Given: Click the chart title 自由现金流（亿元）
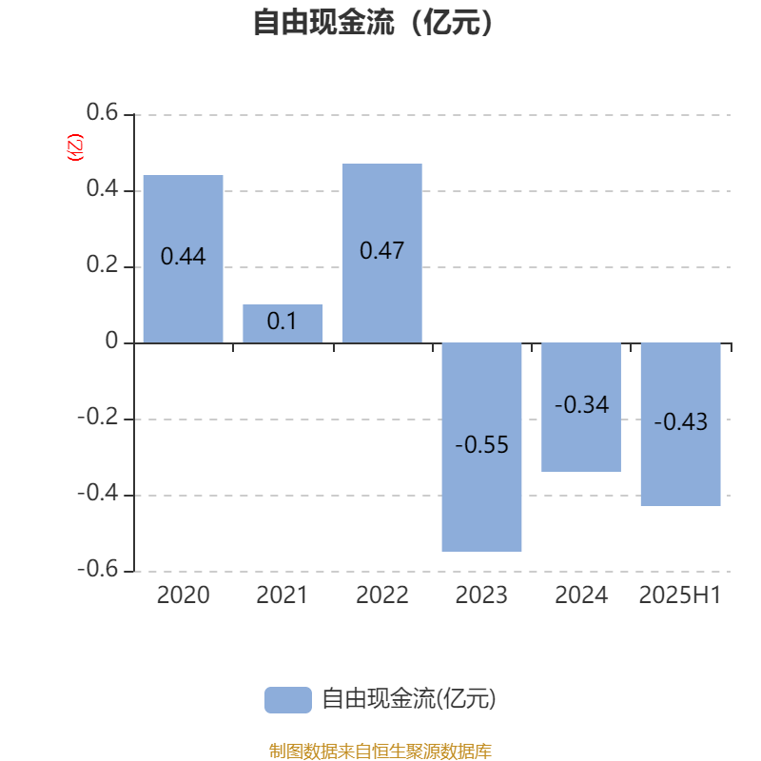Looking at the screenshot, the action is [373, 22].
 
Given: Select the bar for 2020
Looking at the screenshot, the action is [183, 259].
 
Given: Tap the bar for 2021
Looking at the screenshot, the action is [283, 323].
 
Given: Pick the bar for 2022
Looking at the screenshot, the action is [382, 253].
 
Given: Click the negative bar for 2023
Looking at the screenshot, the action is [481, 447].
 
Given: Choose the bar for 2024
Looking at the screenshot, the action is [581, 407].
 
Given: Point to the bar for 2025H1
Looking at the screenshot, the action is [680, 424].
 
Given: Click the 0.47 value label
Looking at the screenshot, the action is [382, 251].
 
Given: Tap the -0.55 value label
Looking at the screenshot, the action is [481, 444].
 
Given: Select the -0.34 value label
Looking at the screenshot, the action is [581, 405].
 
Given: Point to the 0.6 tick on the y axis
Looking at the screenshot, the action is [102, 112].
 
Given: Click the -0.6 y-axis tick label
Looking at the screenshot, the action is [98, 569].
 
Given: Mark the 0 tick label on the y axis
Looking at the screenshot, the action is [111, 341].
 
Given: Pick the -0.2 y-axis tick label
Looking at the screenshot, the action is [98, 417].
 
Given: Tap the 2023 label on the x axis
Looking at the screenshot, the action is [481, 595].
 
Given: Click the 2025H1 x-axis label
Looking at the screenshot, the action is [680, 595].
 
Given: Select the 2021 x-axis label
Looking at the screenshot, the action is [282, 595].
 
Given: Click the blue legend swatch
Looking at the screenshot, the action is [288, 700].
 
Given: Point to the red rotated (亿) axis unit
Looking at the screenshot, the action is [75, 147].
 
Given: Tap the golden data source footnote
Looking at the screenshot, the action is [380, 751].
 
